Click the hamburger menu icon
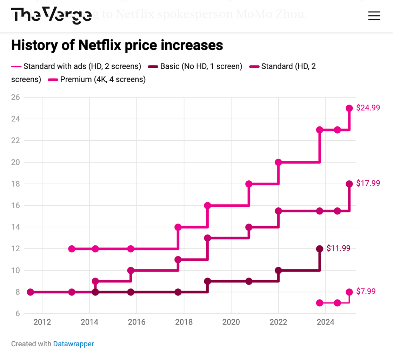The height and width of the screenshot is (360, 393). [x=374, y=16]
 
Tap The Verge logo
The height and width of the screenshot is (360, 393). [x=51, y=15]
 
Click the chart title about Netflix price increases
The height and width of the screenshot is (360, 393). [x=117, y=45]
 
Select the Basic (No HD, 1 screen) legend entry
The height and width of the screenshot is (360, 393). [x=195, y=66]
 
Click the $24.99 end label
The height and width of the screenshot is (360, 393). [x=368, y=108]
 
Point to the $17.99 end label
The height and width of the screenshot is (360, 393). [x=368, y=183]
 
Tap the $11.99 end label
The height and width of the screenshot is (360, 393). [x=338, y=248]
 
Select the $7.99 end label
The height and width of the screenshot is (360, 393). [x=366, y=292]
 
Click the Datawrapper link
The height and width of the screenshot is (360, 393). [x=73, y=344]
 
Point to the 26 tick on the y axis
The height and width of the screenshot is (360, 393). [x=16, y=97]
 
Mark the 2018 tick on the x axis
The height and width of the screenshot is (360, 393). [x=184, y=322]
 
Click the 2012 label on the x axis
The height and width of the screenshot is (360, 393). [x=42, y=322]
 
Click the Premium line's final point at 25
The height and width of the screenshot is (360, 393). [x=349, y=108]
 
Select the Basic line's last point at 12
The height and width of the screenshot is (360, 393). [x=320, y=249]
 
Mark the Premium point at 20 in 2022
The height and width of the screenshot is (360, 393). [x=278, y=162]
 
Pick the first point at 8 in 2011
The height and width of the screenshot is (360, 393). [x=30, y=292]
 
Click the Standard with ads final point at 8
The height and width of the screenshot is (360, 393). [x=349, y=292]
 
